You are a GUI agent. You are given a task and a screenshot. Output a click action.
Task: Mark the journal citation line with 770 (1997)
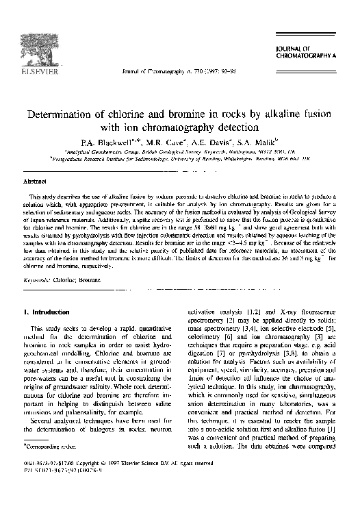[179, 71]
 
